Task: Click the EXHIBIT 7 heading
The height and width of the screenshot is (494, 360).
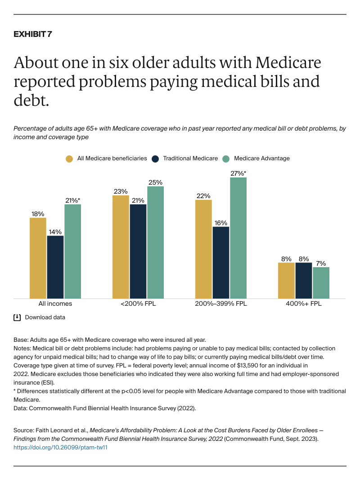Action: pos(33,35)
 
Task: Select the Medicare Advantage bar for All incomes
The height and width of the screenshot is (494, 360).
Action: pos(72,251)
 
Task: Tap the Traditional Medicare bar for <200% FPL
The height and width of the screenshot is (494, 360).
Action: pos(138,251)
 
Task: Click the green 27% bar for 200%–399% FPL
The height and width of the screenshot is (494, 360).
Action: pos(238,237)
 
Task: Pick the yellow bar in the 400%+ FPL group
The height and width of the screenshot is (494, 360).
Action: pos(286,280)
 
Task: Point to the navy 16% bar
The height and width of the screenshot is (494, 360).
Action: pos(221,262)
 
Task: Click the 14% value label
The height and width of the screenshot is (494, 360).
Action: pos(55,232)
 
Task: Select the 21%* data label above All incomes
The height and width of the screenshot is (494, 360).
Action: pos(73,200)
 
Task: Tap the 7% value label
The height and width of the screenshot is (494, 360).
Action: pos(321,263)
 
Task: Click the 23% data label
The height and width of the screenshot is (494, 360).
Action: pos(121,191)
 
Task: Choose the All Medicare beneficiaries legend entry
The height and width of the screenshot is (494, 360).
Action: pos(106,159)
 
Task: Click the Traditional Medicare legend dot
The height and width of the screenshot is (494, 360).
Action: pos(155,159)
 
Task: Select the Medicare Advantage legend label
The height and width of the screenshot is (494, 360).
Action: pos(262,159)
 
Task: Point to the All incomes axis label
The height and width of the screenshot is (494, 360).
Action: pos(55,304)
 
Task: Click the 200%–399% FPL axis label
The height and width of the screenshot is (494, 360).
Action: pos(221,304)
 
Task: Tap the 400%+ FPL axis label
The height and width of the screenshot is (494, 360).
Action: pos(304,304)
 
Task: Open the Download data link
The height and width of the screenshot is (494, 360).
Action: pos(45,317)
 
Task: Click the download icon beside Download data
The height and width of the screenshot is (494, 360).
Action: pos(17,317)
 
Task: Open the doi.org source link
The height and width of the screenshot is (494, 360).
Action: pos(60,448)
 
